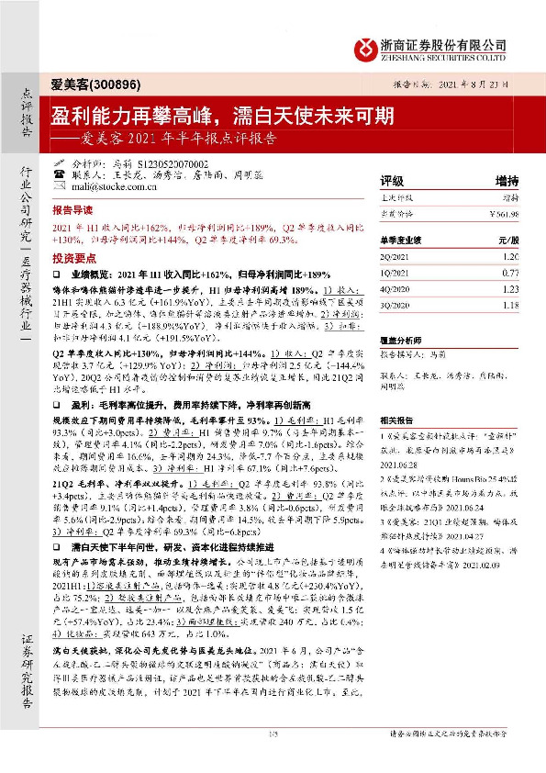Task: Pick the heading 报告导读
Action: pyautogui.click(x=73, y=208)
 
